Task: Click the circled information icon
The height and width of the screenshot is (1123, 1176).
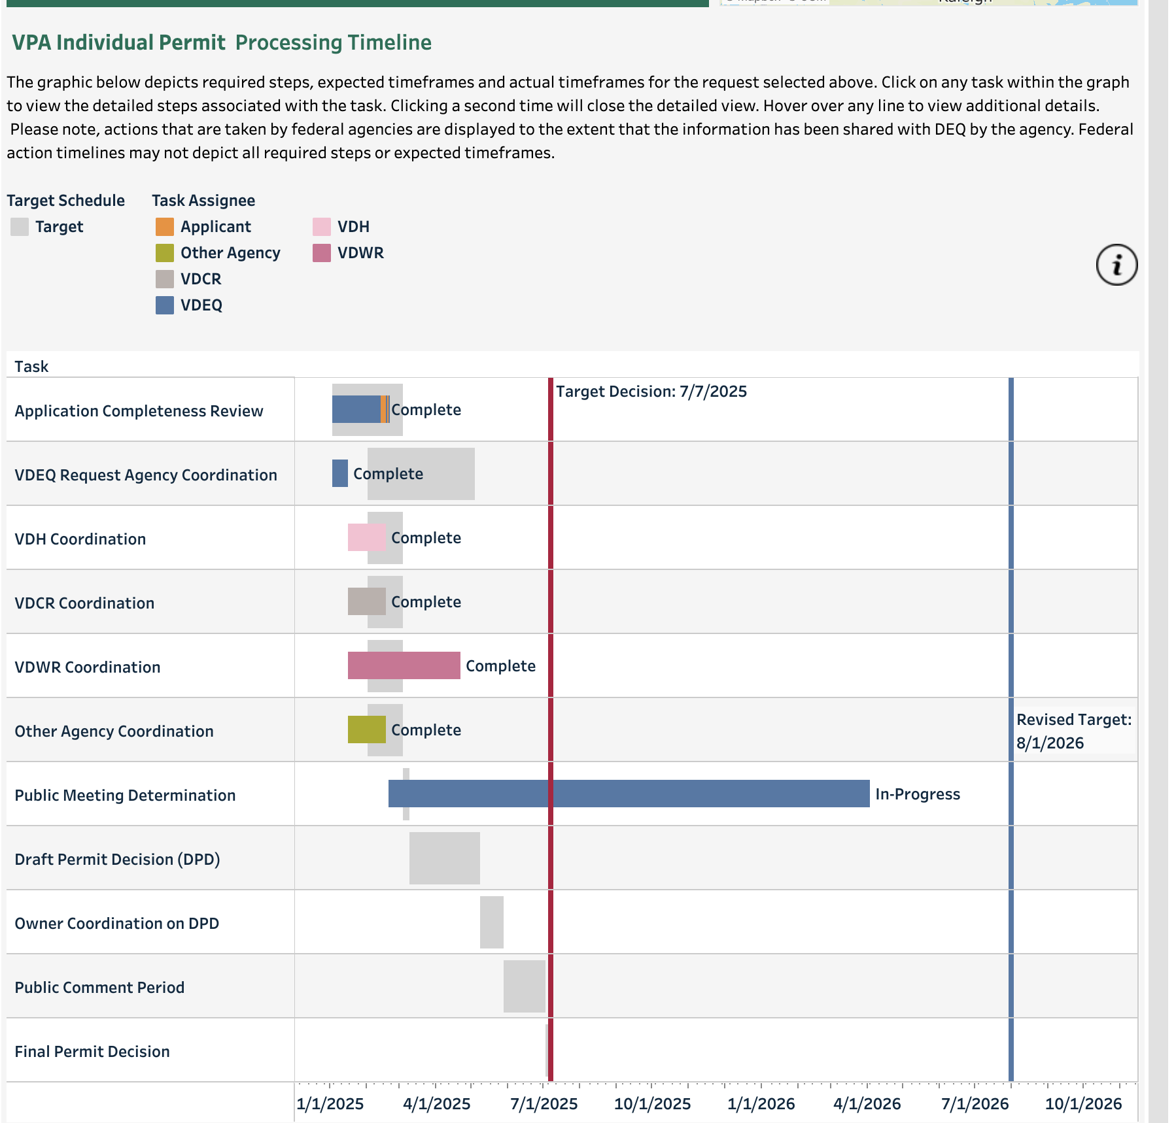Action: (1116, 265)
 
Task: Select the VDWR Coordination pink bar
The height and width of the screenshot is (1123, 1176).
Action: (404, 665)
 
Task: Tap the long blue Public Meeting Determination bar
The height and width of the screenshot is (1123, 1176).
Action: (628, 794)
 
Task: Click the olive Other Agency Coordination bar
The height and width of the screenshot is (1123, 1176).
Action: (366, 729)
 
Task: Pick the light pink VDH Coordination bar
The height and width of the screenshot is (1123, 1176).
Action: (366, 537)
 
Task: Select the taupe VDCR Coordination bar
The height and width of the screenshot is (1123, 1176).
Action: (366, 601)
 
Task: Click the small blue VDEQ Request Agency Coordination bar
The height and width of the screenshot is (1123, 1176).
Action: (339, 473)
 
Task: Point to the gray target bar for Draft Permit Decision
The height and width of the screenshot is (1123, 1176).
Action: (444, 858)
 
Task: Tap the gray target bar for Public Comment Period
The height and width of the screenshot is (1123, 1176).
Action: (524, 986)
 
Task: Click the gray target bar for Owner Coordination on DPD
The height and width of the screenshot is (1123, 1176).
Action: (491, 922)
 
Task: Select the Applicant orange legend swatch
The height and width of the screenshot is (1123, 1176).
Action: (165, 227)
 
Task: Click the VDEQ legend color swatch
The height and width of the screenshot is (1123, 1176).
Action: (165, 305)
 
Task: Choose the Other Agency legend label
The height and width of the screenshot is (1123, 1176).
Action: (230, 253)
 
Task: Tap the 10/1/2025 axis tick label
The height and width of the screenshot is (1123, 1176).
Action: (652, 1104)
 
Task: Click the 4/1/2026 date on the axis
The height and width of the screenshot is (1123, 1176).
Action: (867, 1104)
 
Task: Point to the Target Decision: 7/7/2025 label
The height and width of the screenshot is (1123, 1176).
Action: (651, 392)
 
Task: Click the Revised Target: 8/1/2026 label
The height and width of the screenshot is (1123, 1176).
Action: (1073, 731)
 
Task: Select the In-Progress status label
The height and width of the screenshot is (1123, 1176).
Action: (917, 794)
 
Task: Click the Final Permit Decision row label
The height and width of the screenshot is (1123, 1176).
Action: (92, 1051)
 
